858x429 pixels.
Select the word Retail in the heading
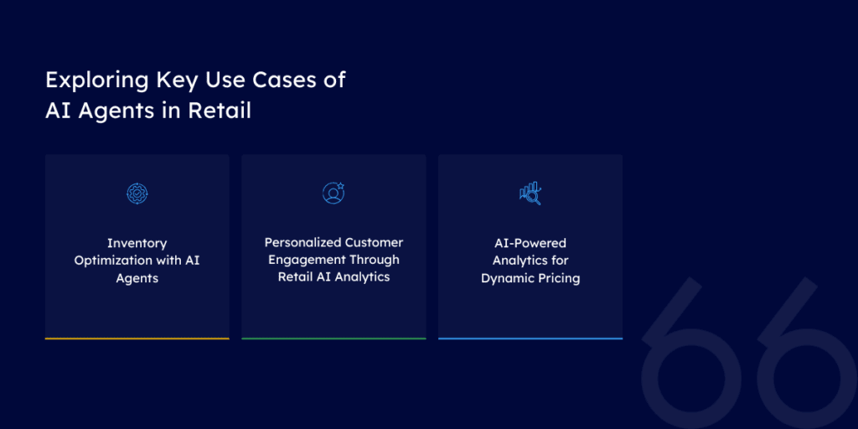point(220,110)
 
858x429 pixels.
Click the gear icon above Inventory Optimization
point(137,194)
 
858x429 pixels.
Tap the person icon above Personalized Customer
point(333,194)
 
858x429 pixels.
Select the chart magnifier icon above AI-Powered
point(530,194)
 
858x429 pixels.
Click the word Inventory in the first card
point(137,243)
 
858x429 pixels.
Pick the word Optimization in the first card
point(112,260)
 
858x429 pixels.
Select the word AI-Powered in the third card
point(530,243)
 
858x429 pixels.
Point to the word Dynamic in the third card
point(506,278)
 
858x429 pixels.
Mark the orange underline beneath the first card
point(137,339)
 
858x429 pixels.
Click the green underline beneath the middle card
point(333,339)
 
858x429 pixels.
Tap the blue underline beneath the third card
point(530,339)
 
